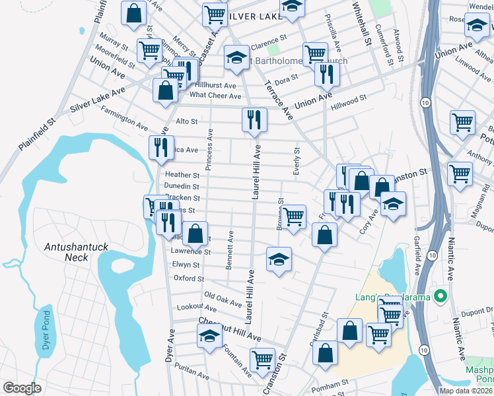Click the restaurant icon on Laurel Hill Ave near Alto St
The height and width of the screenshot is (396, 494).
click(254, 121)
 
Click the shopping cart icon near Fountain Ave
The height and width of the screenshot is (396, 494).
click(262, 360)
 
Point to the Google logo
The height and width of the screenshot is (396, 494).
click(22, 388)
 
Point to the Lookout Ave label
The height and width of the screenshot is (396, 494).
click(197, 308)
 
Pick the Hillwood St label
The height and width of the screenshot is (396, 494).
click(349, 99)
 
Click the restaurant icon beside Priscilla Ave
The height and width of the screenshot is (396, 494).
click(326, 75)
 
